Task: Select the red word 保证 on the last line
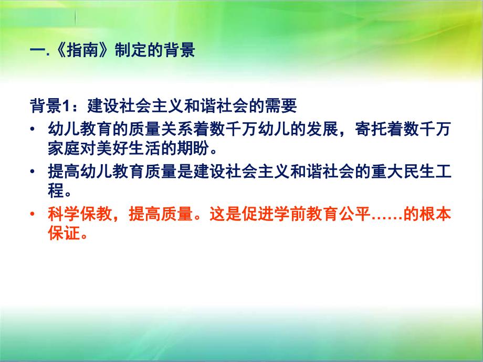click(61, 232)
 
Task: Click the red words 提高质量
click(159, 216)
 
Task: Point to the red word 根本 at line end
click(435, 216)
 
